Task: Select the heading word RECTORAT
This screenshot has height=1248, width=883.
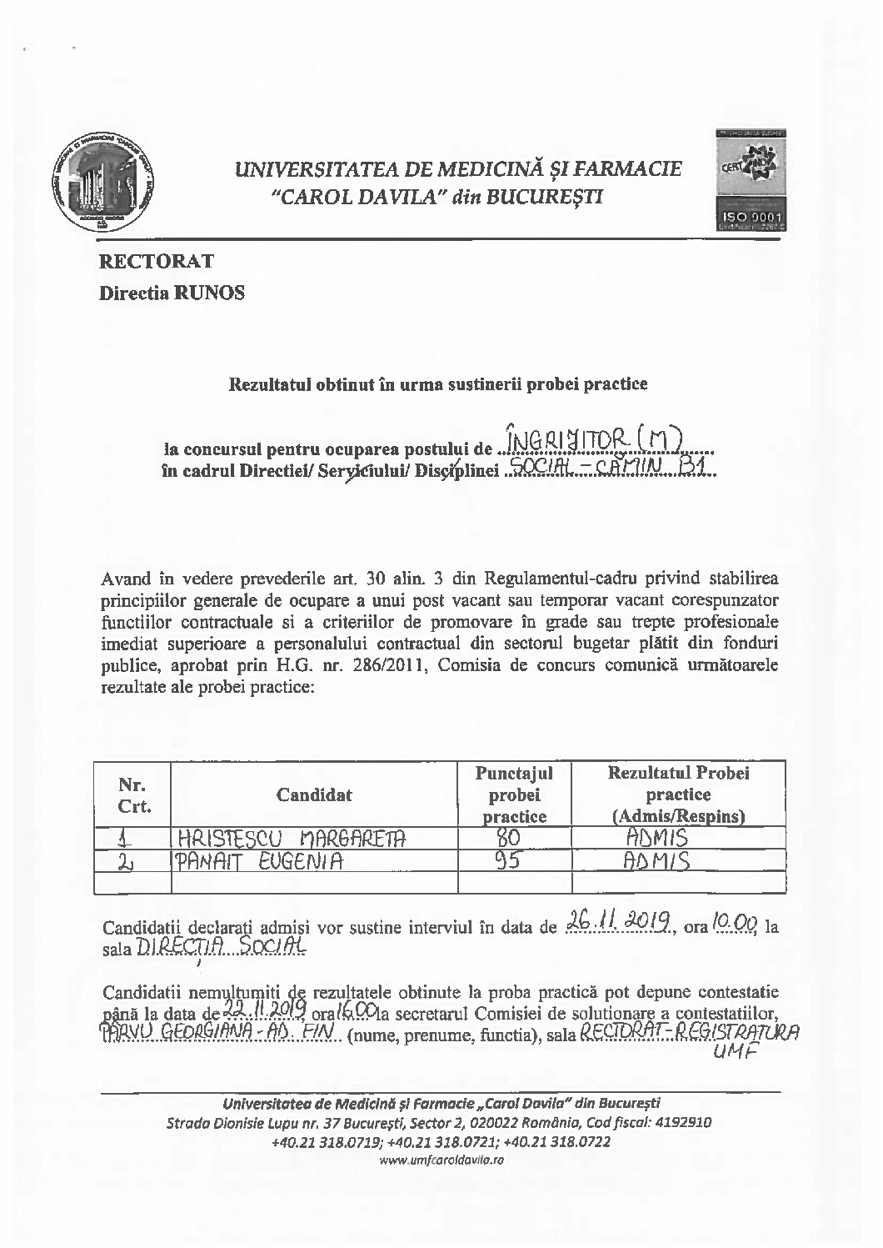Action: tap(157, 261)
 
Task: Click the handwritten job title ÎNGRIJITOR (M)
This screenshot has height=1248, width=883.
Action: tap(596, 436)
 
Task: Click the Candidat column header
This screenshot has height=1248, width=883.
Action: tap(314, 794)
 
